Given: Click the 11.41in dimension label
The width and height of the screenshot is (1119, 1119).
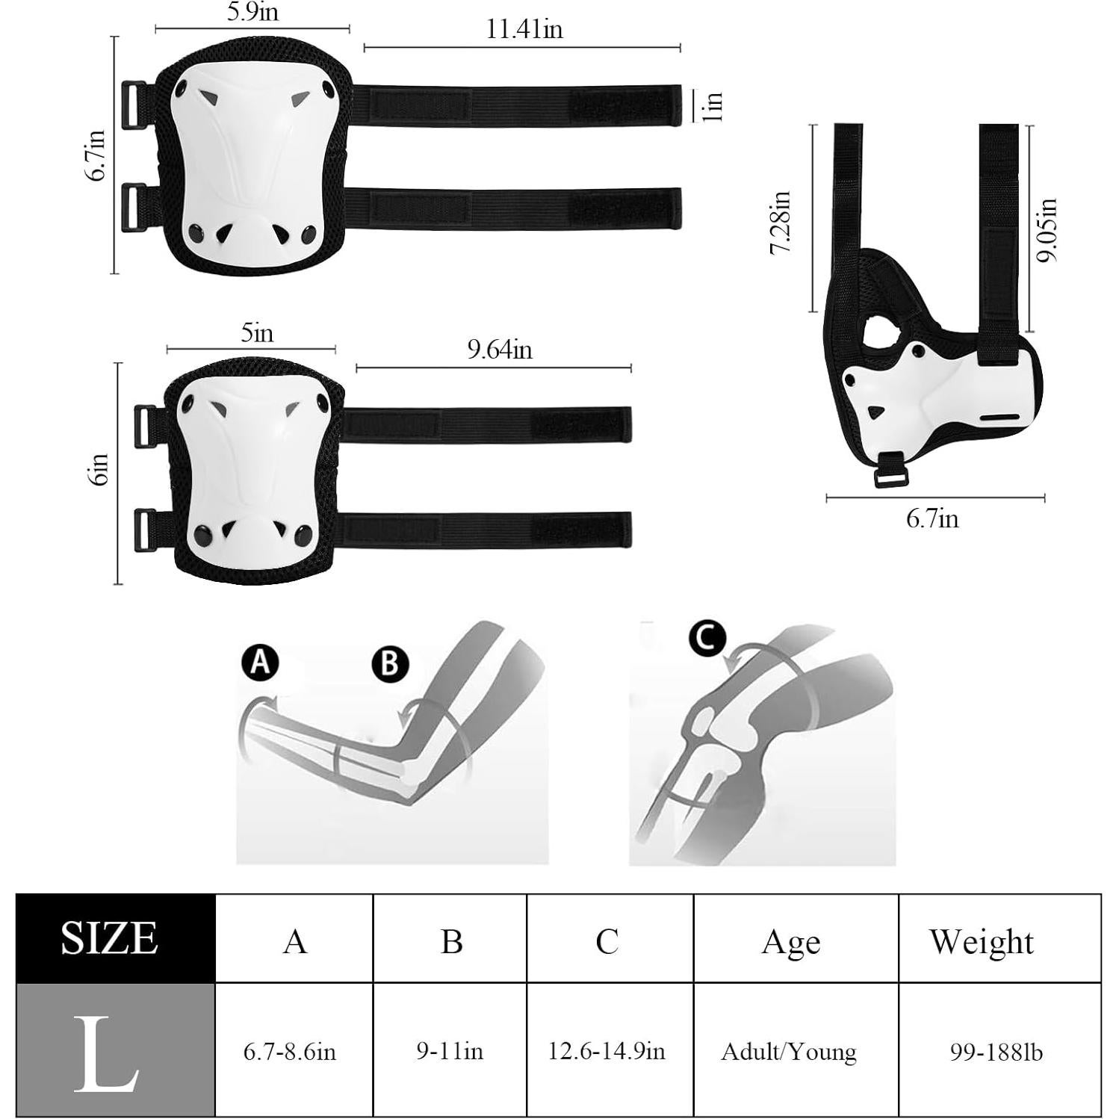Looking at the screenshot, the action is click(x=524, y=30).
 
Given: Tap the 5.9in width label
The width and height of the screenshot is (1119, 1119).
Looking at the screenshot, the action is click(x=252, y=13).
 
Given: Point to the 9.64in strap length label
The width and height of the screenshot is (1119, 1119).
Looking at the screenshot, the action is click(x=500, y=350).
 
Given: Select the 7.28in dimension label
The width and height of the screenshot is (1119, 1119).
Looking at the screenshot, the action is click(x=781, y=223).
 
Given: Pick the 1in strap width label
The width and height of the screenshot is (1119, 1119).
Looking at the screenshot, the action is click(x=714, y=106).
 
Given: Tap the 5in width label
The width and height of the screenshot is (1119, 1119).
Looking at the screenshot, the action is click(x=257, y=332).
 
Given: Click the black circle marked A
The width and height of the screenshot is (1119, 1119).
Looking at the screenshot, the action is click(x=260, y=662).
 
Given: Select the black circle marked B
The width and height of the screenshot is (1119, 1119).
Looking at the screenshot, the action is click(x=390, y=663).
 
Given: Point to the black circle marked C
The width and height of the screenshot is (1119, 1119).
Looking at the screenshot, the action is click(x=707, y=639).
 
